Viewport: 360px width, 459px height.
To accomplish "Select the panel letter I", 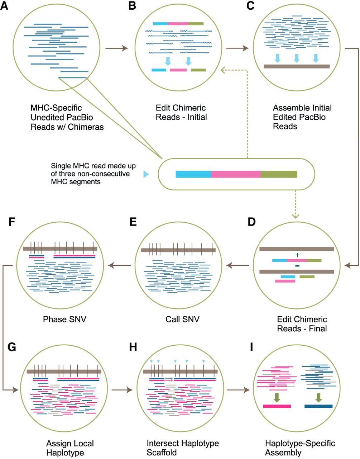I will tap(251, 348).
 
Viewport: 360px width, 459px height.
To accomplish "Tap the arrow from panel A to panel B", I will tap(118, 48).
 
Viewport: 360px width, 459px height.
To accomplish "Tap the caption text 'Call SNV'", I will tap(182, 319).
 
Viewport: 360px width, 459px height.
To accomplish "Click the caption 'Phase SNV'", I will tap(64, 319).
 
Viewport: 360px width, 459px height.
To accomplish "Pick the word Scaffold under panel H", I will tap(162, 453).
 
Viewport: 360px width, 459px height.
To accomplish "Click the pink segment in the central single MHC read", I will tap(236, 174).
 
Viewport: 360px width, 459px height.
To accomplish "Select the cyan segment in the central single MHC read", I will tap(193, 174).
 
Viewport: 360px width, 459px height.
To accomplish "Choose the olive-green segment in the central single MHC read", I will tap(279, 174).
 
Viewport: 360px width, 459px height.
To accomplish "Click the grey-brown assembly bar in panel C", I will tap(296, 66).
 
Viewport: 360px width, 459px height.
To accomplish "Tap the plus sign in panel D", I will tap(297, 255).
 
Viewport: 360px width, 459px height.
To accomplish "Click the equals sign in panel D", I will tap(297, 266).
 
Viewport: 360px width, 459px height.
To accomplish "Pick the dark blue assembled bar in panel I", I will tap(318, 406).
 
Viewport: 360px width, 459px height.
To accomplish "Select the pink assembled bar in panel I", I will tap(277, 406).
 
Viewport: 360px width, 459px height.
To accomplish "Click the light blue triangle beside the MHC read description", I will tap(145, 174).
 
